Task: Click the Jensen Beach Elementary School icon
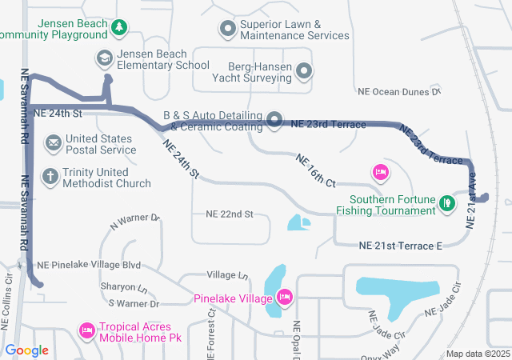[x=105, y=58]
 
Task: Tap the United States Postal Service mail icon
[x=54, y=143]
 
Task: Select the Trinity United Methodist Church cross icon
[x=50, y=176]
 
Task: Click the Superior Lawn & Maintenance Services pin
[x=226, y=29]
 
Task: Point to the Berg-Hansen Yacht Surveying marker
[x=304, y=72]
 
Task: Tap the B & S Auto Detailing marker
[x=274, y=121]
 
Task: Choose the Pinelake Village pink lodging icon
[x=284, y=298]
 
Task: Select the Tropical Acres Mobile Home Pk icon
[x=86, y=330]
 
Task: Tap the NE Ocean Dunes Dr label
[x=399, y=92]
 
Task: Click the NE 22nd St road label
[x=229, y=214]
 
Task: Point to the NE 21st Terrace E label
[x=401, y=246]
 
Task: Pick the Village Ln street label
[x=227, y=274]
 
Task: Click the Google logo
[x=27, y=350]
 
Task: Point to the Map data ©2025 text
[x=477, y=354]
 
